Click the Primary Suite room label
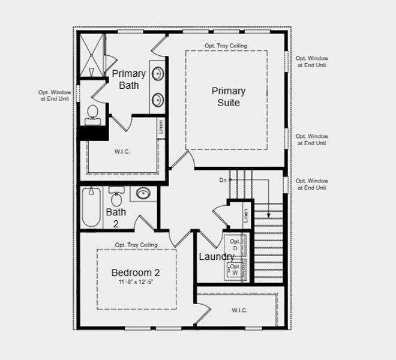(x=228, y=97)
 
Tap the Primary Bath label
(x=128, y=79)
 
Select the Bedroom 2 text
(x=136, y=273)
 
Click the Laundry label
(x=217, y=257)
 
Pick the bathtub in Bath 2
(x=91, y=208)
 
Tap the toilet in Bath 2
(x=116, y=198)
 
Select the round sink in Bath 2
(x=143, y=194)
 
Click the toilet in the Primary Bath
(x=93, y=114)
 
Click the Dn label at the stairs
(x=223, y=180)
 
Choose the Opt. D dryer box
(x=234, y=244)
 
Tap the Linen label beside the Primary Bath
(x=161, y=127)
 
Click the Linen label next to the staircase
(x=245, y=215)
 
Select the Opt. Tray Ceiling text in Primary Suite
(x=226, y=46)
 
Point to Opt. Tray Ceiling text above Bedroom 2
(x=136, y=245)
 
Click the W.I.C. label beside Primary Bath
(x=122, y=151)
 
